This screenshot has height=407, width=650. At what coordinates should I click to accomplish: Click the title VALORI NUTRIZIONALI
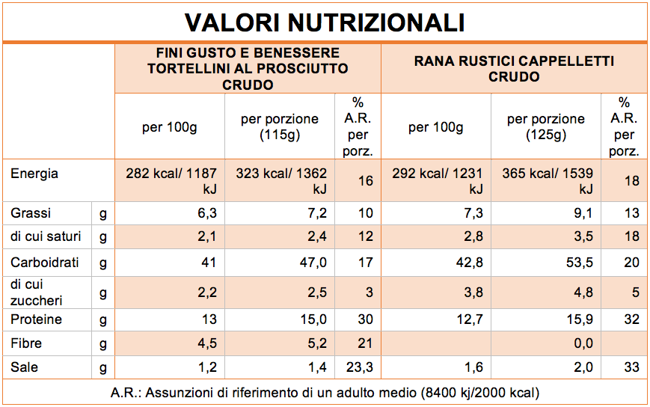(325, 22)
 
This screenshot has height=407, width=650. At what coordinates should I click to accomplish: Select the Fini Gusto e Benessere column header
(248, 69)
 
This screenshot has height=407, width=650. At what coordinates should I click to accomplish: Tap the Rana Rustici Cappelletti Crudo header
(514, 69)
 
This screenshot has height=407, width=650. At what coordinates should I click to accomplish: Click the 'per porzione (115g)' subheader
(279, 127)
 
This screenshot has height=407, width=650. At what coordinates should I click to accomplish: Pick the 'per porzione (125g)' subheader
(545, 127)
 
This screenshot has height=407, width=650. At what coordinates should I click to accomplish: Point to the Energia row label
(34, 174)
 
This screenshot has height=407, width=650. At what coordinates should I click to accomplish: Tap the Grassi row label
(31, 213)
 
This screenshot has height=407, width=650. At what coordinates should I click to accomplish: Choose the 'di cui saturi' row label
(46, 237)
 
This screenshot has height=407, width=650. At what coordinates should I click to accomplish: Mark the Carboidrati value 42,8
(473, 263)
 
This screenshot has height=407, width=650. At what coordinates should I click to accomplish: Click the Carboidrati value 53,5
(580, 263)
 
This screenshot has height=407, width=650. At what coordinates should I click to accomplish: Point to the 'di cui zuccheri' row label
(37, 292)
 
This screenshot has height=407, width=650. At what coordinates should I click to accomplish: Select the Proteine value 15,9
(580, 319)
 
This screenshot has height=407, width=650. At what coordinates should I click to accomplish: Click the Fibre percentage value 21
(364, 343)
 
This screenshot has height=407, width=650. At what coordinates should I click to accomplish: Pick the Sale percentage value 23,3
(359, 367)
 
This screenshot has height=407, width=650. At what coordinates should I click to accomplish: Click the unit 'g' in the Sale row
(102, 367)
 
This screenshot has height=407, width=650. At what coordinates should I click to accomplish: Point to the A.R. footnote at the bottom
(325, 392)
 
